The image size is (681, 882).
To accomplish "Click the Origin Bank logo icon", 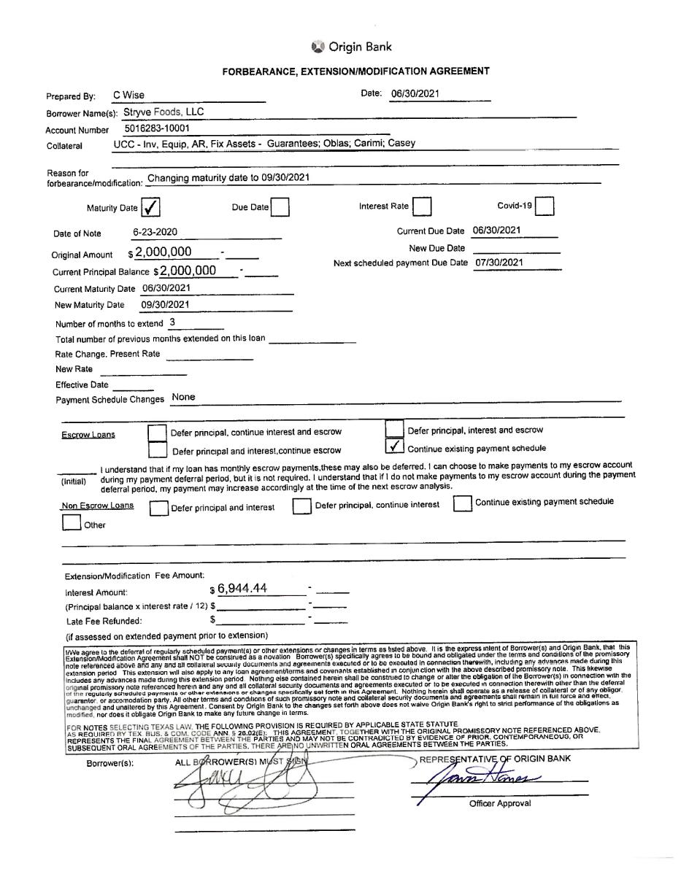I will tap(318, 47).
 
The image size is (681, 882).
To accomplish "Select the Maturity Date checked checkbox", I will tap(150, 208).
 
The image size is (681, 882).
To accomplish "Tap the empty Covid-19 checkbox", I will tap(544, 207).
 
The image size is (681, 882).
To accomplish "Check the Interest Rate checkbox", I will tap(421, 207).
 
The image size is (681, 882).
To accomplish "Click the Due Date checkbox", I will tap(280, 208).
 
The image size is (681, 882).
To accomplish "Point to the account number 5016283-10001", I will tap(157, 128).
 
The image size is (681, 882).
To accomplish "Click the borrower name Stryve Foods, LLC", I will tap(163, 112).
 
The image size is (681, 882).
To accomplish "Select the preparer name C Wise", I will tap(128, 96).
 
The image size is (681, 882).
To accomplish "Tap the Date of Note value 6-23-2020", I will tap(155, 233).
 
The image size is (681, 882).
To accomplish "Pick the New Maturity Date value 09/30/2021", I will tap(165, 305).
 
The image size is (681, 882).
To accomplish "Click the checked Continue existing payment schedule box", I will tap(394, 446).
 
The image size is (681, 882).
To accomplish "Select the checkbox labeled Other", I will tap(72, 523).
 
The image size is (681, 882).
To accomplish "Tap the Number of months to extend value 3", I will tap(172, 322).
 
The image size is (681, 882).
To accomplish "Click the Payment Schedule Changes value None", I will tap(183, 398).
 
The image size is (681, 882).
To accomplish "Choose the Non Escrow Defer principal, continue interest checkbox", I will tap(301, 506).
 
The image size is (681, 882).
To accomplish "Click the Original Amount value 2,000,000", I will tap(163, 252).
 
